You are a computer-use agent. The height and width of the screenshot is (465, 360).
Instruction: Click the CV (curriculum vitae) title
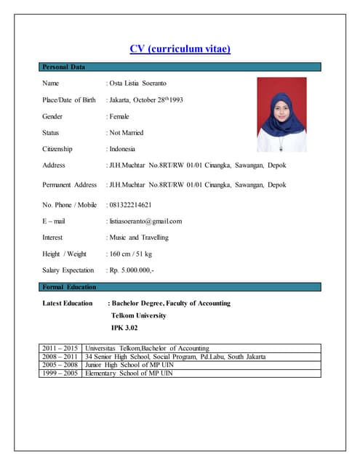(x=180, y=49)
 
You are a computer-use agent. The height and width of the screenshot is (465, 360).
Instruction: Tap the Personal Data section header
(x=64, y=67)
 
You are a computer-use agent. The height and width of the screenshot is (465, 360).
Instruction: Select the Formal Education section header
(x=69, y=287)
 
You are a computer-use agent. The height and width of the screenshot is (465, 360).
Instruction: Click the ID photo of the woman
(x=281, y=114)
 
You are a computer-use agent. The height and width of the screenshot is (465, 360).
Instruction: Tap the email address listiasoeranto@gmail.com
(x=145, y=221)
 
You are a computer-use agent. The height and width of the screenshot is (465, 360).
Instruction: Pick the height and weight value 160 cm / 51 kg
(x=130, y=254)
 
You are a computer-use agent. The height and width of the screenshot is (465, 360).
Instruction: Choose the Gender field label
(x=53, y=116)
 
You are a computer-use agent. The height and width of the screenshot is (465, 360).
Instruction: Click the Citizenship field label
(x=58, y=149)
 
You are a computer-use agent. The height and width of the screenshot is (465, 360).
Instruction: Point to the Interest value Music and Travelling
(x=138, y=238)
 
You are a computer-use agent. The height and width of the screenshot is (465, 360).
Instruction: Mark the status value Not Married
(x=127, y=133)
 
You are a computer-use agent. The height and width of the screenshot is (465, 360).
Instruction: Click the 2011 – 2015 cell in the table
(x=60, y=348)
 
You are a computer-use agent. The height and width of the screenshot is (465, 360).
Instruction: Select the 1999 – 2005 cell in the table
(x=60, y=373)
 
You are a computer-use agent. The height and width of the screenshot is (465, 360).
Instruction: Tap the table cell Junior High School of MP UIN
(x=129, y=365)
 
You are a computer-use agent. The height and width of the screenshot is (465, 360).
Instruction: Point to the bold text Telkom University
(x=138, y=315)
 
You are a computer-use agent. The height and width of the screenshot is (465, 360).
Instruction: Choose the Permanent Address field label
(x=70, y=185)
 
